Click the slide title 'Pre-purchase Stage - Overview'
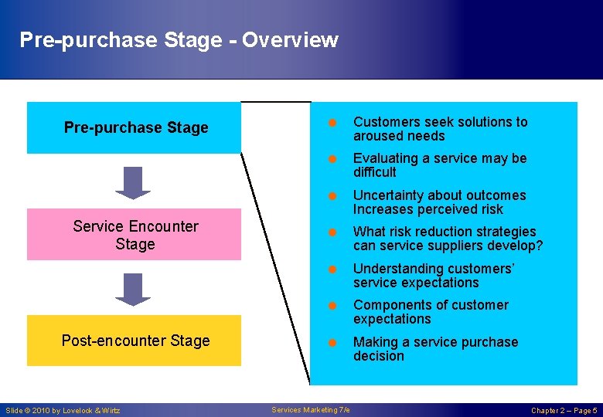(x=179, y=39)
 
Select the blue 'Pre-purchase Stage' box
(x=135, y=127)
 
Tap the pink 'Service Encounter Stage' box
(x=135, y=235)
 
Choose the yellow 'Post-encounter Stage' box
(x=135, y=341)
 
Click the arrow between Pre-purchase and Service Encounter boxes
(x=133, y=182)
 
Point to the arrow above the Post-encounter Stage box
(x=133, y=289)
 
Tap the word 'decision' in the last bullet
(x=379, y=356)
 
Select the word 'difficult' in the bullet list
(x=375, y=172)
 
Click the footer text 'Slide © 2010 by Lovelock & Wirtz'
(x=63, y=410)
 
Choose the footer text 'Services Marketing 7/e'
(x=311, y=409)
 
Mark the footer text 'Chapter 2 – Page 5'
(x=564, y=410)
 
